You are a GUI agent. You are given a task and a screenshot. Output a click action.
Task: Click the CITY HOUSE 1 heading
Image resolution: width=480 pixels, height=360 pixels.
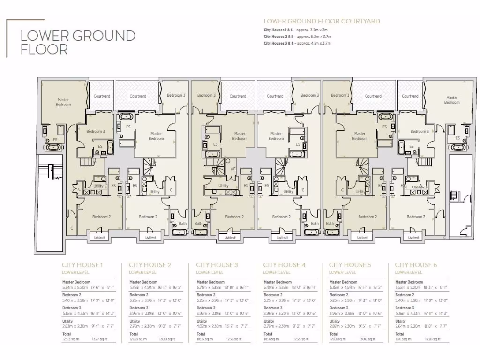(82, 265)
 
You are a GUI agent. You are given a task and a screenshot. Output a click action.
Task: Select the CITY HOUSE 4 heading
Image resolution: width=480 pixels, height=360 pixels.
(284, 265)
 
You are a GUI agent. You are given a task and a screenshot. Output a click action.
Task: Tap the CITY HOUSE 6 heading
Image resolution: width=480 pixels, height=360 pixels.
(416, 265)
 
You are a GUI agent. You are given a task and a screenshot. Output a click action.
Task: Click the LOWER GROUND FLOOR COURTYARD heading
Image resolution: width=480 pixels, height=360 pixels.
(322, 21)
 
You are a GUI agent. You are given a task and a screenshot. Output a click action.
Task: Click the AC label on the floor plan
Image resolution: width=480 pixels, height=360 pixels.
(233, 169)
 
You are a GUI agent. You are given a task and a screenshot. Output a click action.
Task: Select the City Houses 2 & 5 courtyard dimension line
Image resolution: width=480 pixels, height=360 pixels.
(297, 36)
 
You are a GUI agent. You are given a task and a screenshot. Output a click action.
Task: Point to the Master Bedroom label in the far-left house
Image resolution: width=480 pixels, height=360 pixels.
(63, 102)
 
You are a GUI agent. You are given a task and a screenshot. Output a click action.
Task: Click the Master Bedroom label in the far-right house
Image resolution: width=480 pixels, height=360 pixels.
(452, 100)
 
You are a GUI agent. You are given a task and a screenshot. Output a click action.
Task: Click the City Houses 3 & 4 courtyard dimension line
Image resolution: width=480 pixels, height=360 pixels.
(297, 43)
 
